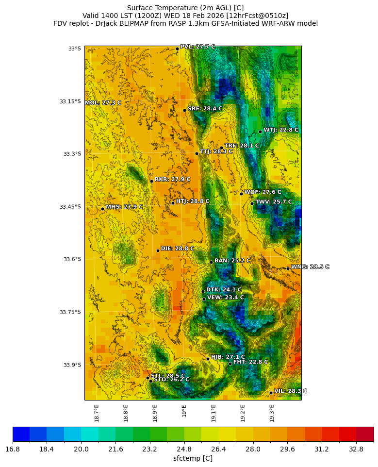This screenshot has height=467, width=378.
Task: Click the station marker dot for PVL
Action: pos(177,49)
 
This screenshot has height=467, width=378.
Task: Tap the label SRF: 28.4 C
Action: pos(205,109)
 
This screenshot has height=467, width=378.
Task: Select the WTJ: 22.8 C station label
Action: pos(281,130)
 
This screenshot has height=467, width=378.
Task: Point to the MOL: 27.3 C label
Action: pos(103,103)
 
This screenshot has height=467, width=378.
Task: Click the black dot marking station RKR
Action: pos(151,181)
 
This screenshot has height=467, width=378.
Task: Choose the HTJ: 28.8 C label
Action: pos(193,201)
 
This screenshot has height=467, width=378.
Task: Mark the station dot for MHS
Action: pos(102,209)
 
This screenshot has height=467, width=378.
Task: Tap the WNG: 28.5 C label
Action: pos(310,267)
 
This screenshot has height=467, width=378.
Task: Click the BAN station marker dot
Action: pos(211,262)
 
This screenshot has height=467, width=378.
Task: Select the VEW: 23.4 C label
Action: pos(226,298)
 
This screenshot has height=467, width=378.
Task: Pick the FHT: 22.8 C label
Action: pos(250,362)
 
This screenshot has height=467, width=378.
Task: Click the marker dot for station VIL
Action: pos(271,393)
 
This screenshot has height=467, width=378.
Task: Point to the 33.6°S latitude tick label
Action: pos(70,259)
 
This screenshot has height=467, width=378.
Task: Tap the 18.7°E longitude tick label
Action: pos(97,413)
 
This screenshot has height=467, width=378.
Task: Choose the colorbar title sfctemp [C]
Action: pos(193,458)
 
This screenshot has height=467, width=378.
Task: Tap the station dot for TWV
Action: pos(252,203)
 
